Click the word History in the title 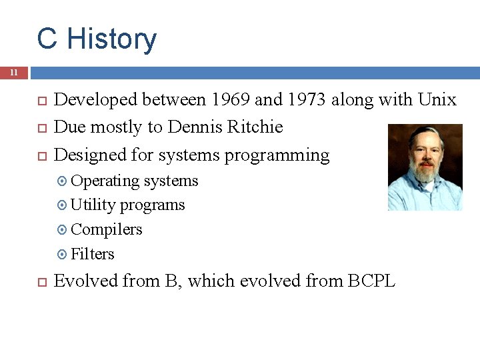tap(112, 39)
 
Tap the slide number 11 tap(13, 73)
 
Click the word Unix tap(437, 100)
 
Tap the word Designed tap(91, 155)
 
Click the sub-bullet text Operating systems tap(134, 181)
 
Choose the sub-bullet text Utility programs tap(127, 205)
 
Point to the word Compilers tap(106, 229)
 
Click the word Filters tap(92, 254)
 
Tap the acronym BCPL tap(371, 281)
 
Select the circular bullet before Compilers tap(62, 230)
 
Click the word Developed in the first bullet tap(95, 100)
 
